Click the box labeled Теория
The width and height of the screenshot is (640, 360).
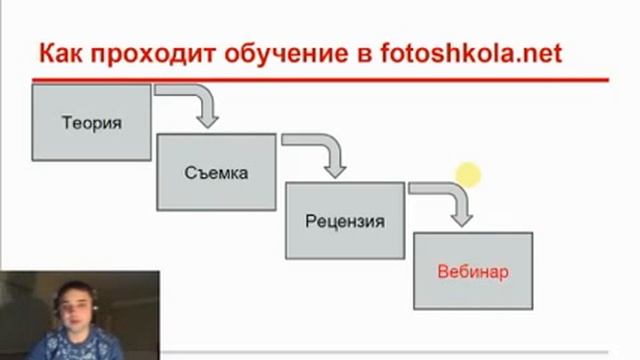(91, 123)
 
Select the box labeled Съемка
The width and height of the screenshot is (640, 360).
(216, 172)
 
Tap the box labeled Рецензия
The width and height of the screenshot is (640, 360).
(346, 221)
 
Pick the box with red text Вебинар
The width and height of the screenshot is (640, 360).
(473, 270)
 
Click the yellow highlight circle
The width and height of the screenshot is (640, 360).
(468, 176)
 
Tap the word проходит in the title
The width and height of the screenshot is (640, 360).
(142, 53)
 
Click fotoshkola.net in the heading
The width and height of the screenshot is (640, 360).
(471, 52)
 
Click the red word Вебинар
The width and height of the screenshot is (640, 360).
(473, 270)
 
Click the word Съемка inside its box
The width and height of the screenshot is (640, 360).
(216, 172)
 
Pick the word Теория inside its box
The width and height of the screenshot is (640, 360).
(91, 123)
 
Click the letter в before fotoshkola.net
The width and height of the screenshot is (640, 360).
(362, 53)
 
